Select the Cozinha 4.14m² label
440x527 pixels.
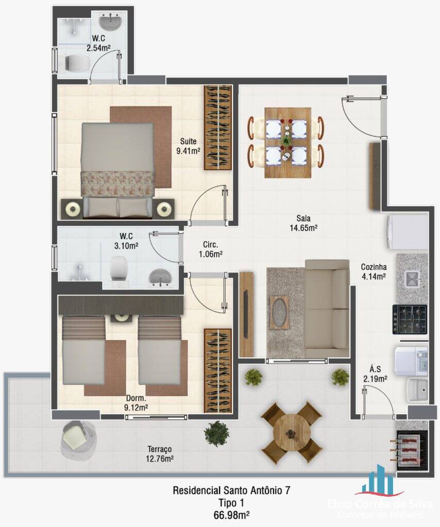click(374, 271)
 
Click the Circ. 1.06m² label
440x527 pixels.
click(210, 249)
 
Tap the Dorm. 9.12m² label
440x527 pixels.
click(137, 403)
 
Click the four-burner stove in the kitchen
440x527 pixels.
click(410, 319)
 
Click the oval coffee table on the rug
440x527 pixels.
click(279, 312)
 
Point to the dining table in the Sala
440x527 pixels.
click(287, 142)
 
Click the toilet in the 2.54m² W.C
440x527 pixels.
click(75, 63)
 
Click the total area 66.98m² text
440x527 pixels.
click(231, 514)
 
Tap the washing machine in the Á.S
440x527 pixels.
click(411, 360)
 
